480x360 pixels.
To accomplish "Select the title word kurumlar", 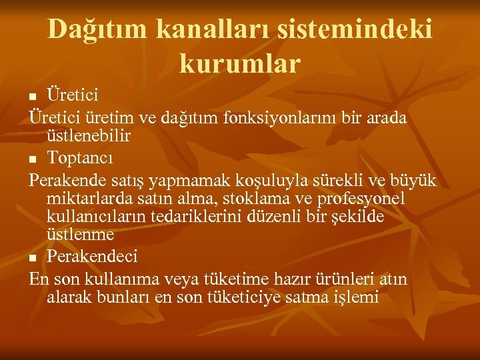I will click(x=240, y=63).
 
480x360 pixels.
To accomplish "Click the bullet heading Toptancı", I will click(x=80, y=159).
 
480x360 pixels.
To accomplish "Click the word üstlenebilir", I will click(x=89, y=137).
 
